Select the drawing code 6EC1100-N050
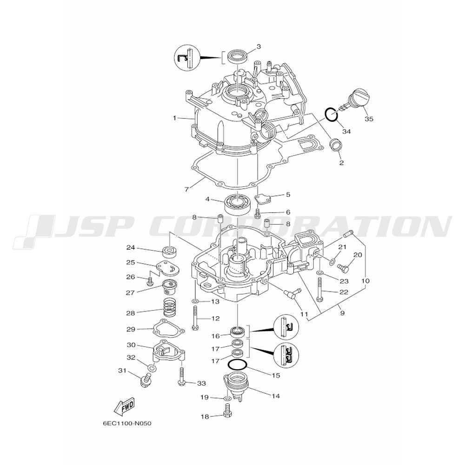127,423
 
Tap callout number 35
369,119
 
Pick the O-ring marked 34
331,114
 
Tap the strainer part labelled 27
169,286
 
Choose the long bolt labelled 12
195,318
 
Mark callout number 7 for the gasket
186,189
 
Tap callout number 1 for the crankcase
175,118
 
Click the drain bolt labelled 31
146,380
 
